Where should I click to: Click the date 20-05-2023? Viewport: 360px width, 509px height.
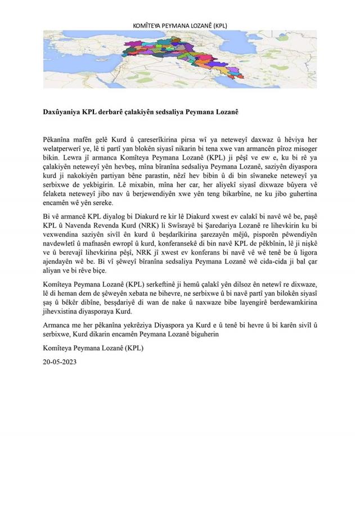tap(60, 362)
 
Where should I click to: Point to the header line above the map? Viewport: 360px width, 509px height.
tap(180, 25)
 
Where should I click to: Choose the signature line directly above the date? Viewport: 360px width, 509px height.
tap(93, 348)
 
